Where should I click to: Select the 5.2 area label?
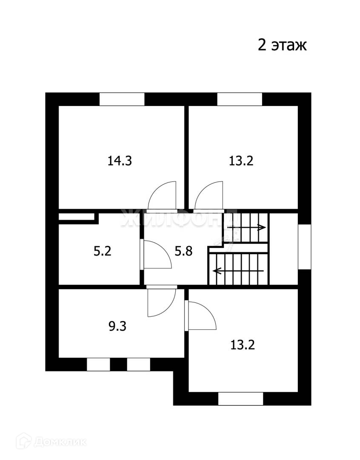click(102, 251)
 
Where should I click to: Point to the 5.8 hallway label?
click(184, 251)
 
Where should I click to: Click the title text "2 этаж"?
click(282, 45)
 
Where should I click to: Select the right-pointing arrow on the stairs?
click(247, 228)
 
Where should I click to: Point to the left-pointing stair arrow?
click(238, 270)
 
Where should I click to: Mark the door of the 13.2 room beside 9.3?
click(201, 316)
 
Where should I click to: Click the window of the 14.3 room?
click(122, 99)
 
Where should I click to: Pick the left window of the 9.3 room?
click(98, 365)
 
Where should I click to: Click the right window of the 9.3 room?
click(138, 365)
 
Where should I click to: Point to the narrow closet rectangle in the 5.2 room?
click(76, 216)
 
